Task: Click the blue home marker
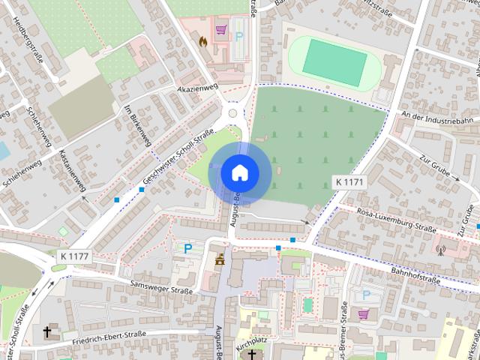coord(239,172)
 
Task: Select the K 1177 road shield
coord(71,256)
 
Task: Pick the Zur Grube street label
coord(439,168)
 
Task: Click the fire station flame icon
coord(202,43)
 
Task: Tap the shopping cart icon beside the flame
coord(220,31)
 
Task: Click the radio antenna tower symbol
coord(439,249)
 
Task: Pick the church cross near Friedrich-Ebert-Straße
coord(47,331)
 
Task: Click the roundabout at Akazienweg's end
coord(233,113)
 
